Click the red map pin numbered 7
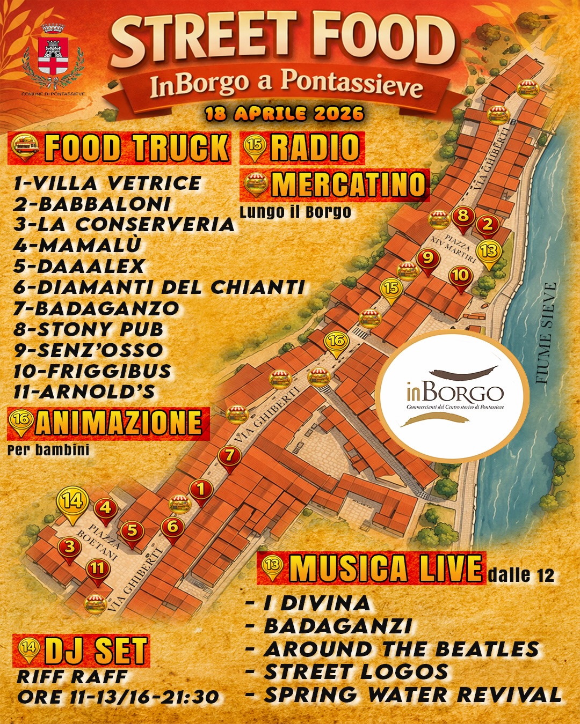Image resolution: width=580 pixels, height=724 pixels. pyautogui.click(x=230, y=457)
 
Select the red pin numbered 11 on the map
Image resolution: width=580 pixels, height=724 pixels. pyautogui.click(x=97, y=569)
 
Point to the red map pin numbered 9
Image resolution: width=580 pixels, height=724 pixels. pyautogui.click(x=428, y=260)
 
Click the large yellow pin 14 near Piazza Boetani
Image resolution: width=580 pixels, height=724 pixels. pyautogui.click(x=73, y=502)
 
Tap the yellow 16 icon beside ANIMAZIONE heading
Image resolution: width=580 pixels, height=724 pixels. pyautogui.click(x=21, y=422)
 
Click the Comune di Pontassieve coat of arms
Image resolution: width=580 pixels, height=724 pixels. pyautogui.click(x=53, y=56)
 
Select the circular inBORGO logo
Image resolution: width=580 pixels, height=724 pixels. pyautogui.click(x=452, y=396)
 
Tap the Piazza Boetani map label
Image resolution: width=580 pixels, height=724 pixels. pyautogui.click(x=103, y=542)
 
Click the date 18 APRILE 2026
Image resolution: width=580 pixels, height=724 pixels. pyautogui.click(x=285, y=114)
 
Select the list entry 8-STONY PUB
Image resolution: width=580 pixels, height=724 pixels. pyautogui.click(x=89, y=329)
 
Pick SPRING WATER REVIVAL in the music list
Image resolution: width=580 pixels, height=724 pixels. pyautogui.click(x=412, y=695)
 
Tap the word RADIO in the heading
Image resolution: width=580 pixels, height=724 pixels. pyautogui.click(x=315, y=147)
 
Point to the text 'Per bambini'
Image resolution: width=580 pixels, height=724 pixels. pyautogui.click(x=48, y=449)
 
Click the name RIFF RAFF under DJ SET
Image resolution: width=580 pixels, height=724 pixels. pyautogui.click(x=72, y=677)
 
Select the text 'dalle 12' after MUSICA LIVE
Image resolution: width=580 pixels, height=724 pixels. pyautogui.click(x=521, y=575)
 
